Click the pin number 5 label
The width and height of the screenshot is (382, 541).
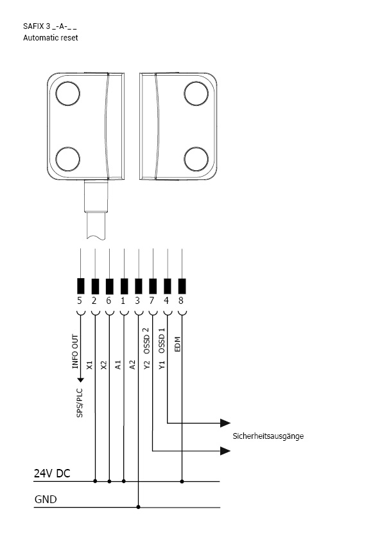[80, 301]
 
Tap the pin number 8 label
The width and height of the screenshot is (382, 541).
[181, 301]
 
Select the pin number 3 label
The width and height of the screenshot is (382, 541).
[137, 301]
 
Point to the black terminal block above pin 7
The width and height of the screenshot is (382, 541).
[152, 286]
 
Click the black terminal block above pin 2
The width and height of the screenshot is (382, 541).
[95, 286]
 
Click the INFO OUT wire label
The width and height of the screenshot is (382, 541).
[76, 351]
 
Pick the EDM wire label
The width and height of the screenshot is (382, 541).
[178, 344]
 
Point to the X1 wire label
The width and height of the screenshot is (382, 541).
[90, 365]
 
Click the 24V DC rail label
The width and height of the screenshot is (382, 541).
[52, 474]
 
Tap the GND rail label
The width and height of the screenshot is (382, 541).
[46, 499]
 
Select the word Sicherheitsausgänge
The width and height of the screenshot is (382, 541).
[268, 436]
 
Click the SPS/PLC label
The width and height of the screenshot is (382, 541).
[80, 403]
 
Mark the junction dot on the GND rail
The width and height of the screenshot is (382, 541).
[138, 507]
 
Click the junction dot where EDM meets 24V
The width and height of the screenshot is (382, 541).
[182, 481]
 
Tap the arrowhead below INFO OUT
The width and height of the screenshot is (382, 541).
[80, 380]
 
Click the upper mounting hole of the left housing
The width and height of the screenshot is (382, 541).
[68, 93]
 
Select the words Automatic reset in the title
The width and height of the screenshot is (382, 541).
[50, 38]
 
